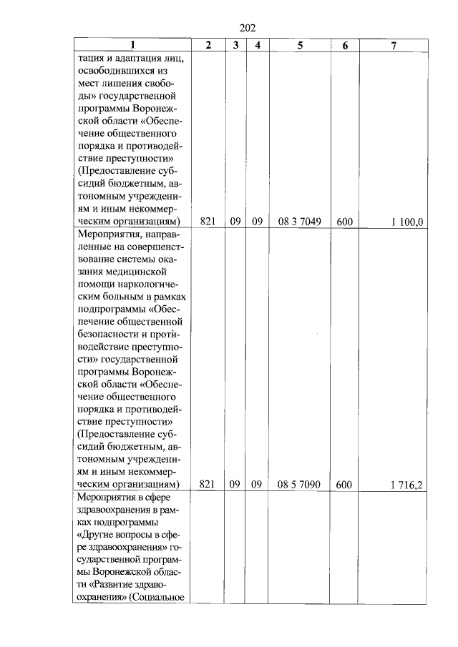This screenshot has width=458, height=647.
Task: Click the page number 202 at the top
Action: [247, 28]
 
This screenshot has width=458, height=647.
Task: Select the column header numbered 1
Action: [132, 46]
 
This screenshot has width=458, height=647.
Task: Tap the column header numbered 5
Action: [300, 46]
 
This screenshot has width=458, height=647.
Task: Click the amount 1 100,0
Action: [406, 222]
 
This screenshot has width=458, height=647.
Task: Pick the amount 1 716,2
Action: [406, 485]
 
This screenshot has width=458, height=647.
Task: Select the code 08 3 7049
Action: [300, 222]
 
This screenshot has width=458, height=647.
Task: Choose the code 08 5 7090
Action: [300, 485]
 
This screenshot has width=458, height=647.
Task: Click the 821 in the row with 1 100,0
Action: [208, 222]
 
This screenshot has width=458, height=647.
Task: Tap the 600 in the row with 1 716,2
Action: [344, 485]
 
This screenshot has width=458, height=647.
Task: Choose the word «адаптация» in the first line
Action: [129, 59]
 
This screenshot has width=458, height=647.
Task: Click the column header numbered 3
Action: [235, 46]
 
